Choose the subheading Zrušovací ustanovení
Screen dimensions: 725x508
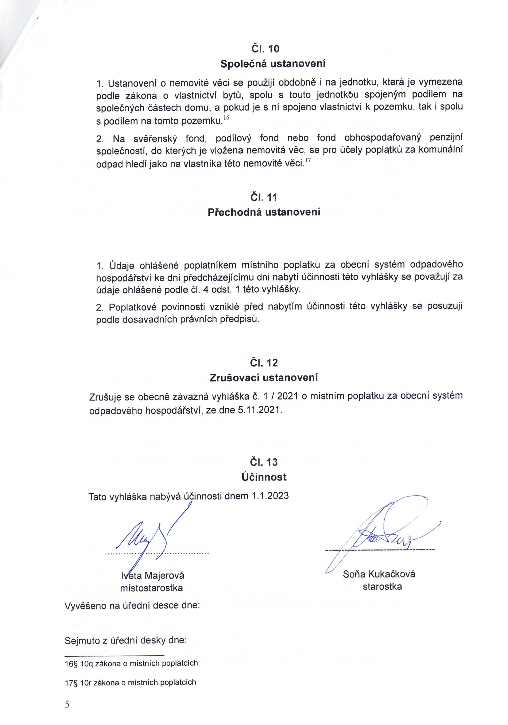pos(264,378)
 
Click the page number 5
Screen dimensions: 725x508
pos(67,705)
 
